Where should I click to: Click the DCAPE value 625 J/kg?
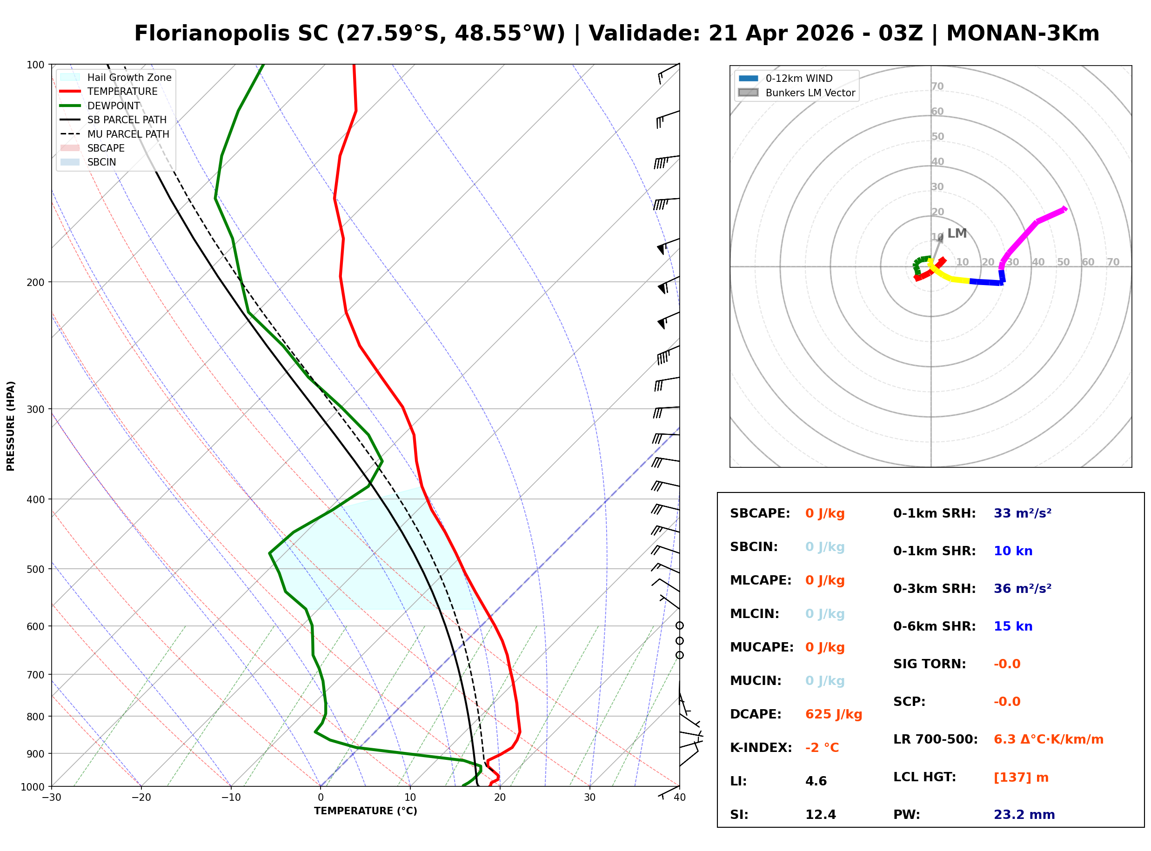833,714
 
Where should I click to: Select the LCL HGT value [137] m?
1021,778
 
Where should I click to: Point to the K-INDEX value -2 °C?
822,748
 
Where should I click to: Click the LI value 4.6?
816,781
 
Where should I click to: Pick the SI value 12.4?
820,815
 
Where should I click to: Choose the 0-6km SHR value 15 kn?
1012,626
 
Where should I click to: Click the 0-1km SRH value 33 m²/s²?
1022,513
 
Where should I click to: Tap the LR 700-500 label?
935,740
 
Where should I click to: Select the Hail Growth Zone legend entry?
129,77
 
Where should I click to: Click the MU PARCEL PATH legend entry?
128,134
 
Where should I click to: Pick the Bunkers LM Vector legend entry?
810,93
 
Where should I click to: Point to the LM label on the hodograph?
957,233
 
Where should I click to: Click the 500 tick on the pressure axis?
35,569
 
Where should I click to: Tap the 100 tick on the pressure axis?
35,65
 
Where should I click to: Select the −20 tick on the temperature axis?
141,798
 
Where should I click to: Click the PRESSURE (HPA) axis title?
10,426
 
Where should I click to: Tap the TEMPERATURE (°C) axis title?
365,811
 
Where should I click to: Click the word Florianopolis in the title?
231,33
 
